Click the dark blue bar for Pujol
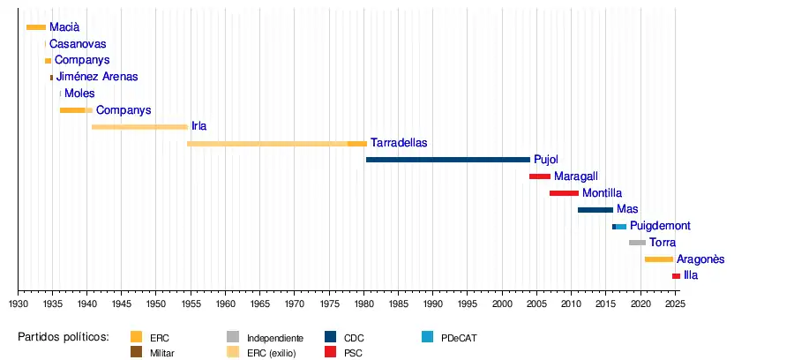click(448, 160)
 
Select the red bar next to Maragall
click(540, 176)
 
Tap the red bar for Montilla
click(565, 193)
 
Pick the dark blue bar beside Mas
click(595, 210)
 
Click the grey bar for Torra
click(637, 243)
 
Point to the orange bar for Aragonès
click(659, 259)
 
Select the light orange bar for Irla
click(139, 126)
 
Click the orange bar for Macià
click(36, 27)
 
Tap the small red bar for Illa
click(676, 276)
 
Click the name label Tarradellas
click(399, 143)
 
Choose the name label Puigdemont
click(660, 226)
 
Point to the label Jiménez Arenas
click(97, 77)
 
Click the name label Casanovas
click(79, 44)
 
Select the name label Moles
click(79, 94)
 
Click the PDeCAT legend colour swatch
click(428, 337)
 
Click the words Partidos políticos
click(64, 337)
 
